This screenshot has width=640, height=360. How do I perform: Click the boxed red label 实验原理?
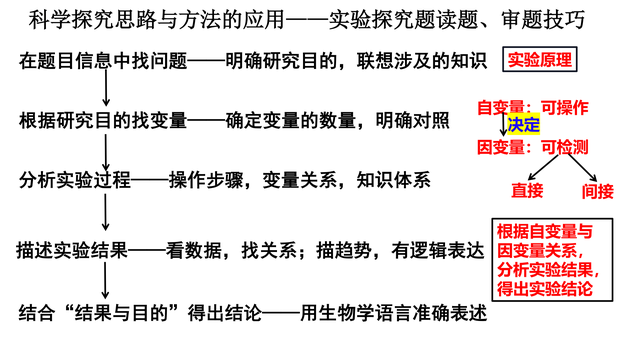tap(539, 60)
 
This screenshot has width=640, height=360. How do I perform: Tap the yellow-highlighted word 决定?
tap(523, 124)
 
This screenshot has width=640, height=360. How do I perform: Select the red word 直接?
tap(527, 191)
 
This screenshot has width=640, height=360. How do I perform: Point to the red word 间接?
tap(598, 191)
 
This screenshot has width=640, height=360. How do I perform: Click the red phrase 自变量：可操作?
tap(533, 108)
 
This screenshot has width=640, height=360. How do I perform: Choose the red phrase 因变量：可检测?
tap(533, 147)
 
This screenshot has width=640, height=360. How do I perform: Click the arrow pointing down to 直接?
tap(543, 167)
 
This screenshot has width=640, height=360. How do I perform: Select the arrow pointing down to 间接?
tap(582, 168)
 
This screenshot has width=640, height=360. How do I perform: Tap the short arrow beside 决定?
tap(503, 123)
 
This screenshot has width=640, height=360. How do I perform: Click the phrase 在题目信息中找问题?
tap(103, 61)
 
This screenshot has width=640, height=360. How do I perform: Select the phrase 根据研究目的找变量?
tap(103, 121)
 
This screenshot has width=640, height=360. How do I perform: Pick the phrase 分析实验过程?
tap(75, 180)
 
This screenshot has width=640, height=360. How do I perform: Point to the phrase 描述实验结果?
tap(72, 250)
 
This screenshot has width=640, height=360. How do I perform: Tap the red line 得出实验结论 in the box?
tap(544, 289)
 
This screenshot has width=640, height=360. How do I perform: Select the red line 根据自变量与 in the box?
tap(544, 231)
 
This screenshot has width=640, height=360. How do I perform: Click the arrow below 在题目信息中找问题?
tap(106, 88)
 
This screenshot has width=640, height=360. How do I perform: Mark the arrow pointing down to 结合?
tap(105, 281)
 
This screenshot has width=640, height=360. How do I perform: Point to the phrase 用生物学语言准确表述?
tap(394, 313)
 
